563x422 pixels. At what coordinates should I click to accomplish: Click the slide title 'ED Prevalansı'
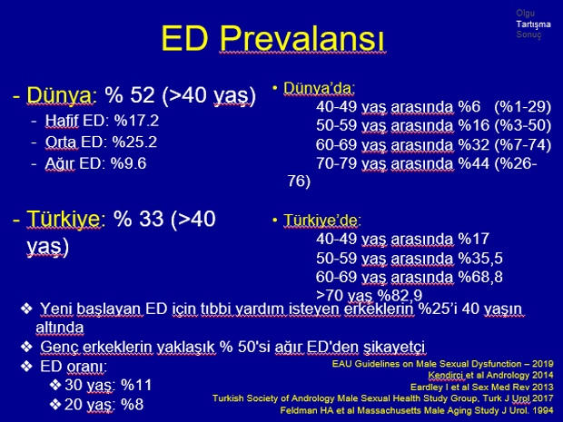tap(273, 38)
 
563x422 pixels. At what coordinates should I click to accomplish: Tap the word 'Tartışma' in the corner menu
tap(533, 24)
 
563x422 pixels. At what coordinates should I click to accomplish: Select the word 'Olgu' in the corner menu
tap(525, 14)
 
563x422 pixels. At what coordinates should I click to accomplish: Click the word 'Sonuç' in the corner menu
tap(528, 34)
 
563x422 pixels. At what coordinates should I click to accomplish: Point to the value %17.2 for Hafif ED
tap(136, 121)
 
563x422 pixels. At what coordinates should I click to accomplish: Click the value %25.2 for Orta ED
tap(134, 142)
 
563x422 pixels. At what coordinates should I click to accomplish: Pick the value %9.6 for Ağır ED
tap(128, 163)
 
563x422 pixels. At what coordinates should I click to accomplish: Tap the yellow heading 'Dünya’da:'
tap(319, 88)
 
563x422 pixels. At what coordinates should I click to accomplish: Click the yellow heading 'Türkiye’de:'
tap(322, 221)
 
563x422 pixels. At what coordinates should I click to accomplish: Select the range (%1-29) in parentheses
tap(522, 106)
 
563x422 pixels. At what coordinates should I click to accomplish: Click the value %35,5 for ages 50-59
tap(480, 259)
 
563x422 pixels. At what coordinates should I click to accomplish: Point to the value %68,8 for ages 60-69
tap(480, 277)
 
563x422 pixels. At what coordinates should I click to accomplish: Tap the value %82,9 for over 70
tap(400, 295)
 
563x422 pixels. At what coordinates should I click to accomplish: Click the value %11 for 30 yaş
tap(136, 385)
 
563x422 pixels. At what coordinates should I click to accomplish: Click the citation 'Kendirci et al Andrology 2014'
tap(490, 376)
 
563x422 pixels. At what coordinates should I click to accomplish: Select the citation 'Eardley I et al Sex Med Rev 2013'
tap(482, 388)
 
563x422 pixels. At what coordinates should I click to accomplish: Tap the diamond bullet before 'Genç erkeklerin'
tap(27, 347)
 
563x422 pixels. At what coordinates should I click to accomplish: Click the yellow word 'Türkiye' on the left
tap(64, 218)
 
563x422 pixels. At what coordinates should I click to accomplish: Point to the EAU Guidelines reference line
tap(443, 364)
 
